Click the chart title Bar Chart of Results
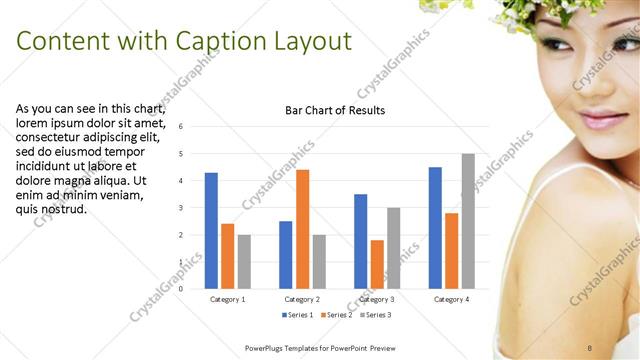tap(328, 110)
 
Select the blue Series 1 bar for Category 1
tap(211, 230)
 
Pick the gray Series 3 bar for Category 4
tap(468, 221)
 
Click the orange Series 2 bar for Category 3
tap(377, 264)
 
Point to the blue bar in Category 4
tap(435, 227)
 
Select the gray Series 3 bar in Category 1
tap(244, 261)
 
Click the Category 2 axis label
tap(302, 299)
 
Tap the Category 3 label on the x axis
tap(377, 299)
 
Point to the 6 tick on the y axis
tap(180, 127)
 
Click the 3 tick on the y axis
tap(180, 208)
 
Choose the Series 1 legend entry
tap(298, 315)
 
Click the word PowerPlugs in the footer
tap(267, 347)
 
